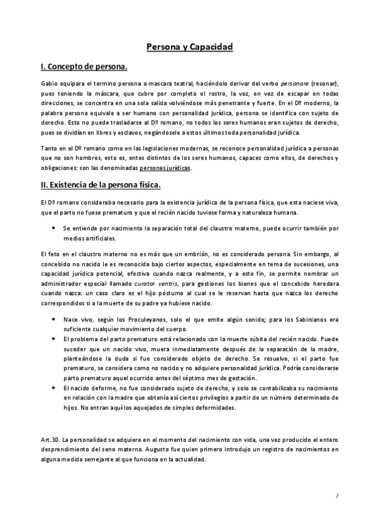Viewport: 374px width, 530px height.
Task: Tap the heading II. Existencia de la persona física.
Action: pos(101,184)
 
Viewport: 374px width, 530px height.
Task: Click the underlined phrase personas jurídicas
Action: pos(166,168)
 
